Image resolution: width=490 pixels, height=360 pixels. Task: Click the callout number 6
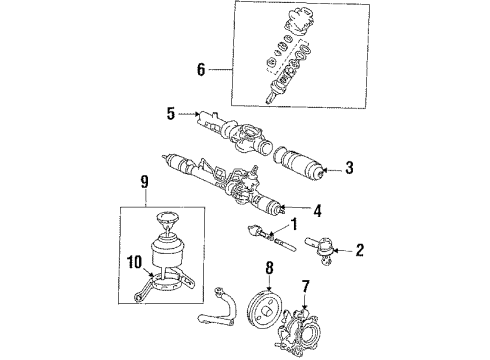201,70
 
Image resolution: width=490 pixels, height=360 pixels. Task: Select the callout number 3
348,169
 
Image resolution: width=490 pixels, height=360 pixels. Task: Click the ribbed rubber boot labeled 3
300,165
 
